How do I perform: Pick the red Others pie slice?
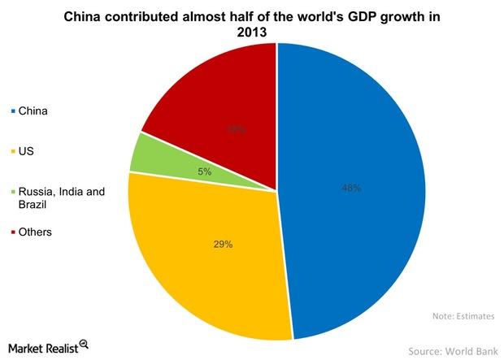219,98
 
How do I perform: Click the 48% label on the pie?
351,188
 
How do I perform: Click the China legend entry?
33,111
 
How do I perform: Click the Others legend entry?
34,232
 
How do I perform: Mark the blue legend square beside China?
12,111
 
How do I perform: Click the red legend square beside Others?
12,232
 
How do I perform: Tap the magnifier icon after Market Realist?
84,345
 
